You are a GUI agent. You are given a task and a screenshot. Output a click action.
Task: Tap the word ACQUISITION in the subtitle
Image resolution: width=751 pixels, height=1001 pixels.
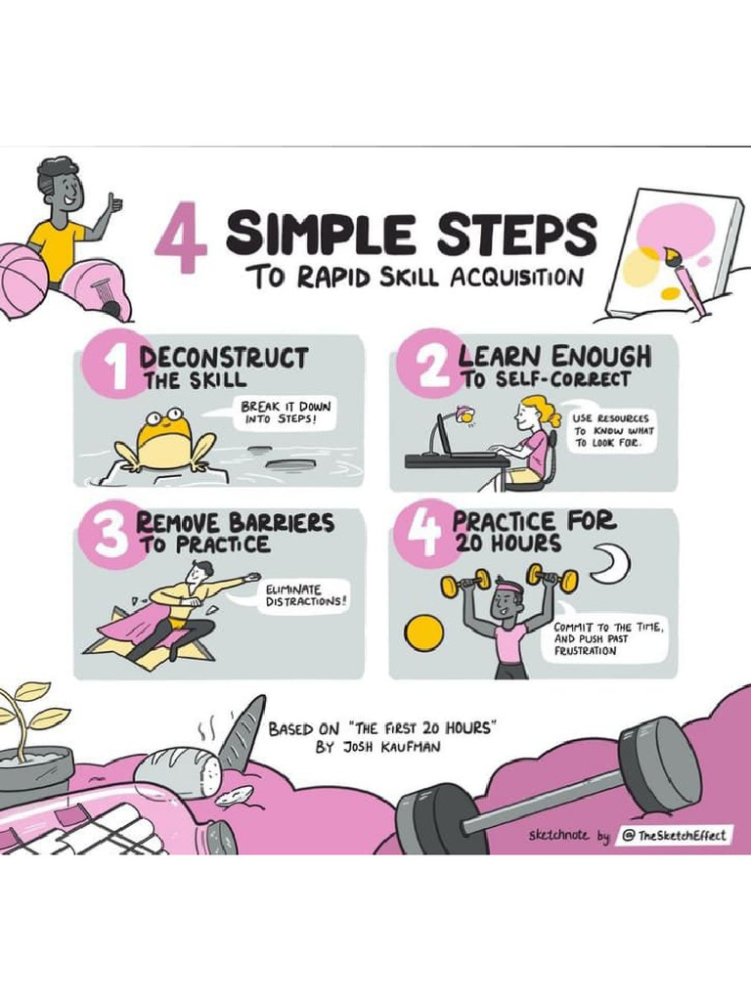coord(516,278)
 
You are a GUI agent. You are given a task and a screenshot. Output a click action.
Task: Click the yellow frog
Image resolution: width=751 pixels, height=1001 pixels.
coord(164,441)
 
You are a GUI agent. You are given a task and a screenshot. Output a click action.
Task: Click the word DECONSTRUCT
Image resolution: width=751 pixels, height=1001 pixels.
coord(224,358)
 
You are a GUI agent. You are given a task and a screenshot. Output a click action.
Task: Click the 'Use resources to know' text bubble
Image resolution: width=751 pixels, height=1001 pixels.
coord(614,430)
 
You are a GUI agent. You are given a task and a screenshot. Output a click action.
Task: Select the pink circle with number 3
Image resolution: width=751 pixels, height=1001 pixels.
coord(110,534)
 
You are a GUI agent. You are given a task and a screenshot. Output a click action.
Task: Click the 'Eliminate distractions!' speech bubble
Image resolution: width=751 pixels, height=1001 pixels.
coord(305,595)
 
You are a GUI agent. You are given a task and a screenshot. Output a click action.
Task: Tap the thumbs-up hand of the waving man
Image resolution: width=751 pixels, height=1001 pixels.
coord(114,203)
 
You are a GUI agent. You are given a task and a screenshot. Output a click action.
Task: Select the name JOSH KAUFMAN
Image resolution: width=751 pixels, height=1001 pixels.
coord(379,747)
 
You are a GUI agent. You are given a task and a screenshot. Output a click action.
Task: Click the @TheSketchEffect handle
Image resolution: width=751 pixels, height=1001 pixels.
coord(676,836)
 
